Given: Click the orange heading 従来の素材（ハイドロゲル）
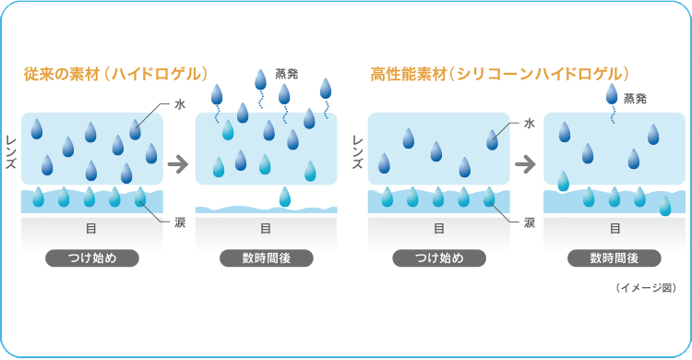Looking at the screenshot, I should [115, 73].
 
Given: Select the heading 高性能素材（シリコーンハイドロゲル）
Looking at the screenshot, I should [499, 73].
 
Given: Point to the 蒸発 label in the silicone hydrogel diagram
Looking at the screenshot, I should [635, 96].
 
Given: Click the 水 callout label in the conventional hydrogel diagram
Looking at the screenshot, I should [179, 105].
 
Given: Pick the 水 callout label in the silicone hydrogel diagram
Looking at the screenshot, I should [529, 122].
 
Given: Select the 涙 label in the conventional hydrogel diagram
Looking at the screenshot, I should [179, 222].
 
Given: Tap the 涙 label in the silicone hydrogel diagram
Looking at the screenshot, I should [529, 222].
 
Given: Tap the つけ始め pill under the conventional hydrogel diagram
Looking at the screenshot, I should [91, 258].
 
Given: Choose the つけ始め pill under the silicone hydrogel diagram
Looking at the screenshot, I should [439, 258].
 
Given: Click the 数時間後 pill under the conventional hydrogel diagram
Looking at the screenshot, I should [266, 258].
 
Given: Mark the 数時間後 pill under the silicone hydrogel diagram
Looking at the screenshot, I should [614, 258].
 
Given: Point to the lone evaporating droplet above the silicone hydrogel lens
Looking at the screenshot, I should [613, 93].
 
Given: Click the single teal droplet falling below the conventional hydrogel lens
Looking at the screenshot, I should [285, 196].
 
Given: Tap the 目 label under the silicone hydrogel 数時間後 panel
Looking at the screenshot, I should [614, 228].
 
